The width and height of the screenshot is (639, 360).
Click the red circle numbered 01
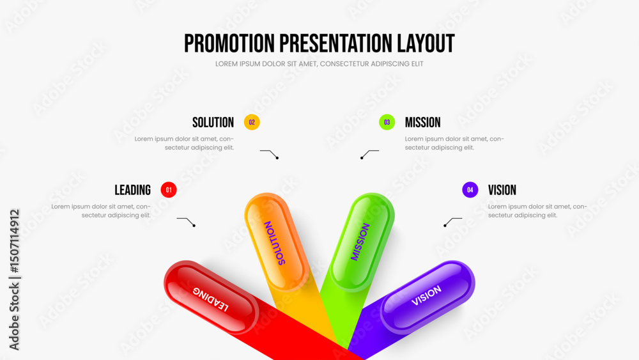tap(169, 189)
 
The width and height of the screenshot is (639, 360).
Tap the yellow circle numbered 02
tap(252, 122)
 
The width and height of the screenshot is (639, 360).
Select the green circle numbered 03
tap(387, 122)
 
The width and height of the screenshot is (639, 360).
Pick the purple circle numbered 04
tap(470, 189)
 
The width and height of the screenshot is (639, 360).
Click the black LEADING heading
tap(132, 190)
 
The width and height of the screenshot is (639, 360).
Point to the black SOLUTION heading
tap(213, 122)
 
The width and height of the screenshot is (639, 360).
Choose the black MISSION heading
tap(422, 122)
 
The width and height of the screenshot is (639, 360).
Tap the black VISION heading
tap(502, 190)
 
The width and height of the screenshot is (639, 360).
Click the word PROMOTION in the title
tap(229, 43)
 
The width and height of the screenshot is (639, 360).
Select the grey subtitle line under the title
tap(319, 64)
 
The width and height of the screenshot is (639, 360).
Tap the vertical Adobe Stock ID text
tap(14, 279)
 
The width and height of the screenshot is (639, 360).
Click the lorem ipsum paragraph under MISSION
tap(454, 143)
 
